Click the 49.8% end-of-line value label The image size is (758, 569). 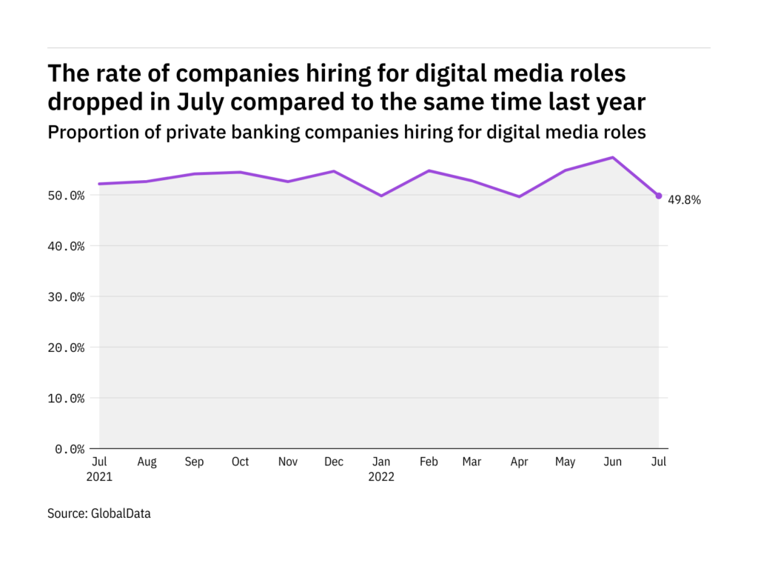pyautogui.click(x=684, y=199)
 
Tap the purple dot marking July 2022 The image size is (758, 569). pyautogui.click(x=659, y=196)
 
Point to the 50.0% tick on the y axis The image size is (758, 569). pyautogui.click(x=65, y=196)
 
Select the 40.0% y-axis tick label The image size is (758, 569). pyautogui.click(x=65, y=246)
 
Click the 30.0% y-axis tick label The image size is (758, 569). pyautogui.click(x=65, y=297)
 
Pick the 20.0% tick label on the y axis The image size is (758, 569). pyautogui.click(x=65, y=347)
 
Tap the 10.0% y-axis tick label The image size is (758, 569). pyautogui.click(x=65, y=399)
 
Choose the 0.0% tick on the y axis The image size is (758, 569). pyautogui.click(x=68, y=449)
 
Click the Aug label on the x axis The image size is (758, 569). pyautogui.click(x=147, y=462)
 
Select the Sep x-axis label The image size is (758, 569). pyautogui.click(x=194, y=462)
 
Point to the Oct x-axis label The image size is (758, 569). pyautogui.click(x=241, y=462)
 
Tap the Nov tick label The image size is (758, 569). pyautogui.click(x=287, y=462)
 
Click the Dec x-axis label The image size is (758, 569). pyautogui.click(x=334, y=462)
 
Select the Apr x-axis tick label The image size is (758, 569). pyautogui.click(x=519, y=462)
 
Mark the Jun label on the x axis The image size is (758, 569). pyautogui.click(x=612, y=462)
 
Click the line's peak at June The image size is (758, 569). pyautogui.click(x=612, y=157)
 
